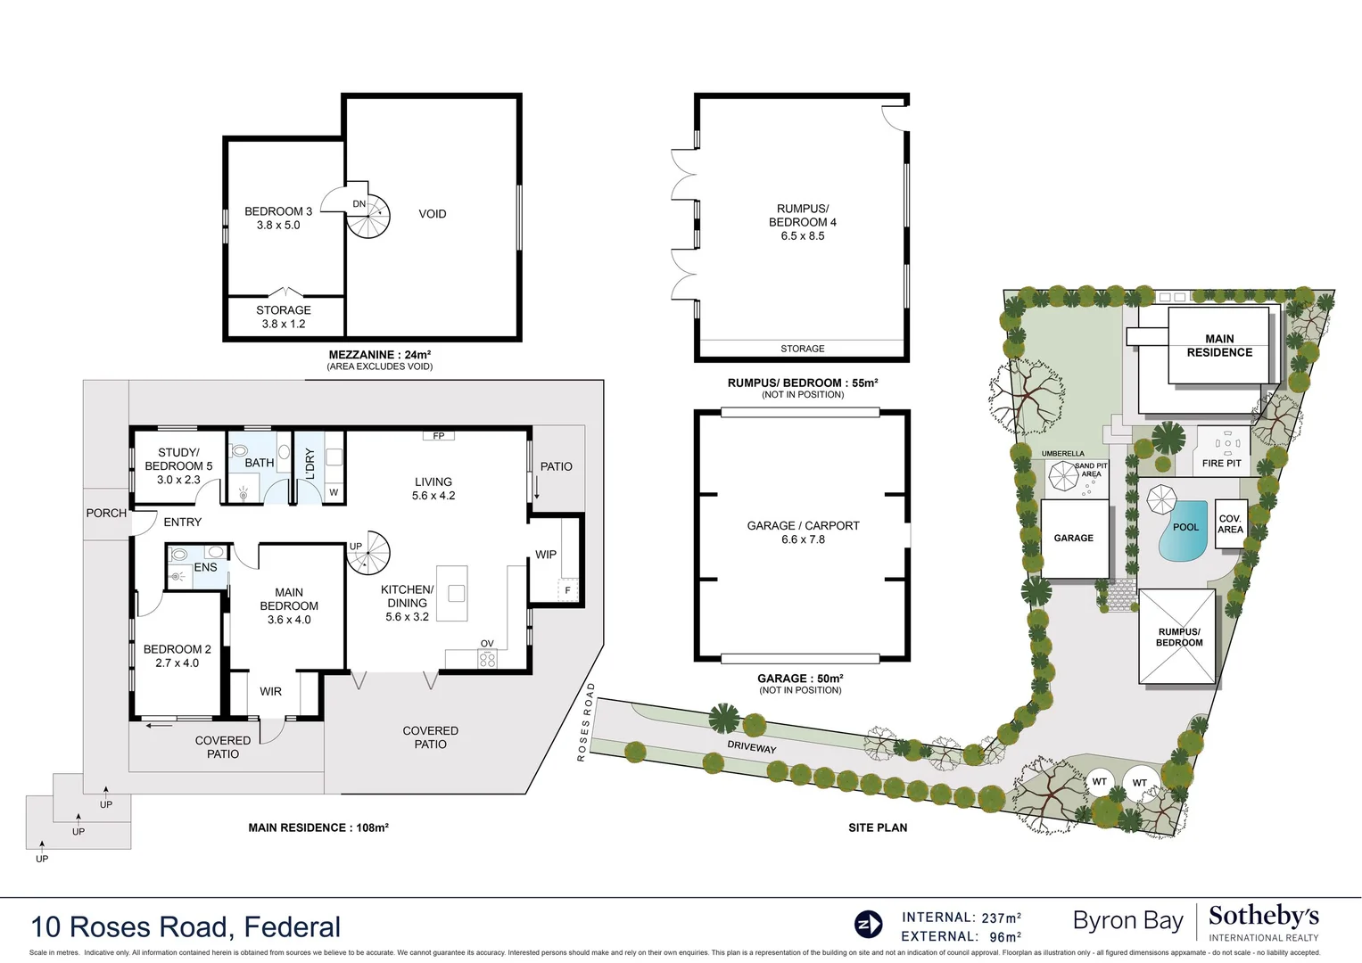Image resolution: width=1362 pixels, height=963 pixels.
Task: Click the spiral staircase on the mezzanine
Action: [368, 216]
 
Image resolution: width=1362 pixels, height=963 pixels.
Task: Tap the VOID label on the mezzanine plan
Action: [433, 214]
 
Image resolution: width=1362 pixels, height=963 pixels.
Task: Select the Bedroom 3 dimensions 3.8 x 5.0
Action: [278, 226]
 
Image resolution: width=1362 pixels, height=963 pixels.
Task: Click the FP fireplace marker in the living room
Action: [439, 436]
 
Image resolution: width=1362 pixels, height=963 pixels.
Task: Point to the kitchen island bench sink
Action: [457, 592]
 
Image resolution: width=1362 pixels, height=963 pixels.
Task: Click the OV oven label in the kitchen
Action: [487, 644]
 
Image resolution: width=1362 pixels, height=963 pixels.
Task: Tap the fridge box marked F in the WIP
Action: [567, 590]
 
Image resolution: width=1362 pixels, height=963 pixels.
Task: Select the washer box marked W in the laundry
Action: [334, 492]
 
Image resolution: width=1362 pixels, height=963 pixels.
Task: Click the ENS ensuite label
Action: [205, 567]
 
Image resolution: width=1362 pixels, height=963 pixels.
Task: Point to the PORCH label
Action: [106, 514]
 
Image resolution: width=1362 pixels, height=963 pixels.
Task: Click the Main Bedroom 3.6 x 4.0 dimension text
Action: [289, 620]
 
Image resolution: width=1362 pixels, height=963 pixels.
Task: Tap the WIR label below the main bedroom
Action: [270, 692]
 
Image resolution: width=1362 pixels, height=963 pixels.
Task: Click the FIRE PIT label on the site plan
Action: [1221, 464]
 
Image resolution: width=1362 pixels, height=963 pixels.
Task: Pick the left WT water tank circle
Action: [1100, 782]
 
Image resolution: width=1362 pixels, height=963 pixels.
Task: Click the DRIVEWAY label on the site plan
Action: [751, 747]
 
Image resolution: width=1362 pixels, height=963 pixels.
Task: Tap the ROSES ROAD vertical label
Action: [585, 721]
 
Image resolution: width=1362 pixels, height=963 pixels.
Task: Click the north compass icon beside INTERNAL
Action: [868, 925]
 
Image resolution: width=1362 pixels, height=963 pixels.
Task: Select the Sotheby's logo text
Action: [1263, 917]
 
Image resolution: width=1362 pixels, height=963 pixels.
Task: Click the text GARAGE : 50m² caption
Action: [800, 679]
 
